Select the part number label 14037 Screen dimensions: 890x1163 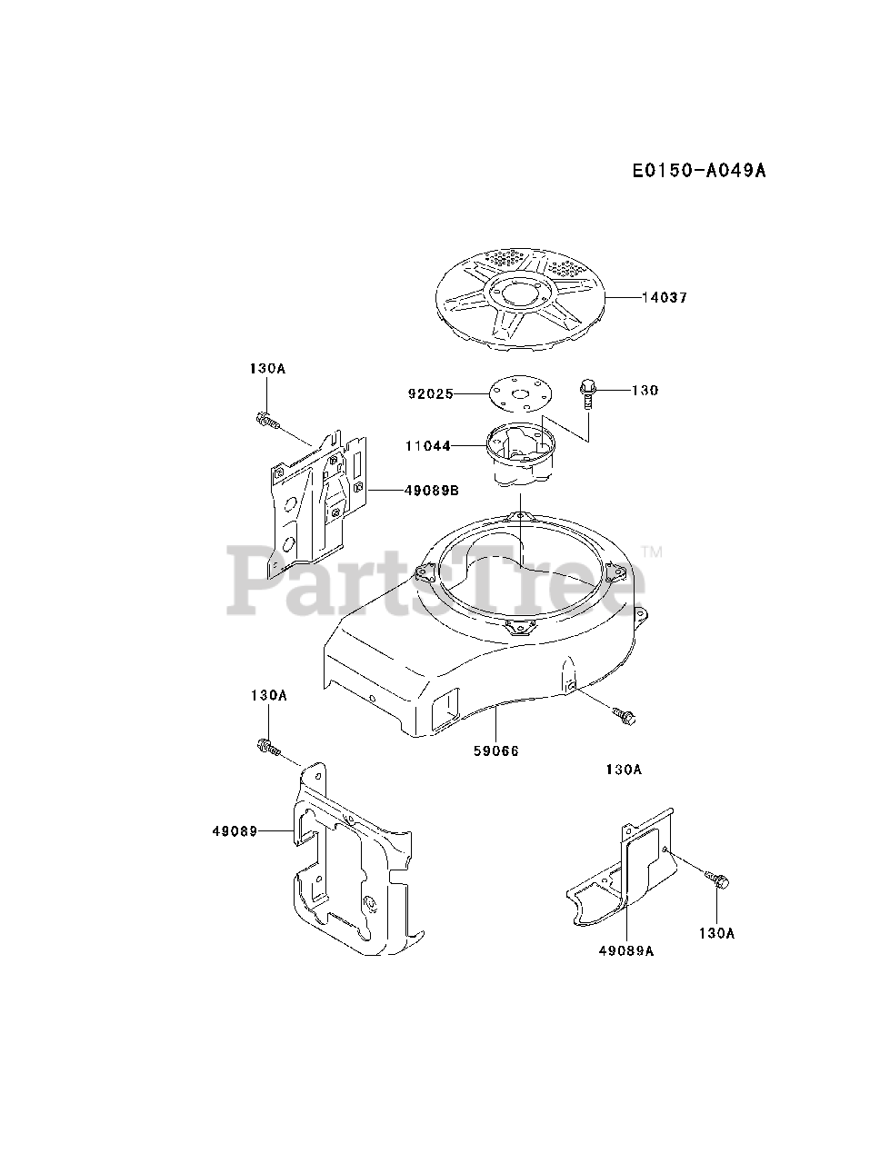tap(664, 297)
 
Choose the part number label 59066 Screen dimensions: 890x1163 tap(495, 750)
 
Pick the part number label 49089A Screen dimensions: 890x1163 tap(627, 950)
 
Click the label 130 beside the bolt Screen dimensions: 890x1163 tap(645, 391)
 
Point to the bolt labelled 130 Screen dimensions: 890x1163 tap(586, 397)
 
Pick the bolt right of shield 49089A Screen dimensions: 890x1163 tap(718, 879)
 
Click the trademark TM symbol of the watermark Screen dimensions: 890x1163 tap(652, 552)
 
